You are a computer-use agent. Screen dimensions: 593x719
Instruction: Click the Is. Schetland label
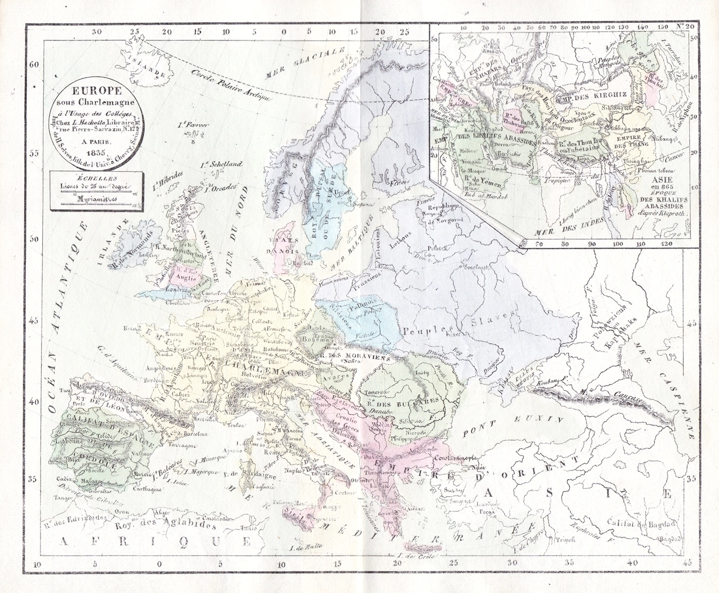[x=221, y=165]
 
